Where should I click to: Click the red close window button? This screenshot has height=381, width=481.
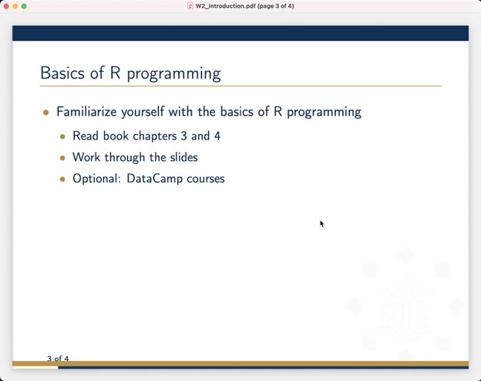pos(6,6)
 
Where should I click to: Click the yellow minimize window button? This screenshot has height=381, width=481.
pos(15,6)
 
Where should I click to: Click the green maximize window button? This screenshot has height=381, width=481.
pos(24,6)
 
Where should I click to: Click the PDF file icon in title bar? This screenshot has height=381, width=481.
pos(190,6)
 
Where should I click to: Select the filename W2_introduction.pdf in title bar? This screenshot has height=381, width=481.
pos(225,6)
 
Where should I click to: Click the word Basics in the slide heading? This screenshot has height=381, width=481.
pos(62,73)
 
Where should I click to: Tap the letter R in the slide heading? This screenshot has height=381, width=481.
pos(115,73)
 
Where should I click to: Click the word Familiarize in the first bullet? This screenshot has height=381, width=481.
pos(87,112)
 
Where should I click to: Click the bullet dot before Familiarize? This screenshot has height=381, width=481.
pos(46,113)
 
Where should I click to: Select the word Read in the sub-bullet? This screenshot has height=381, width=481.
pos(86,136)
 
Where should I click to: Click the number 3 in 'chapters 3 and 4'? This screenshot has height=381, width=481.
pos(183,136)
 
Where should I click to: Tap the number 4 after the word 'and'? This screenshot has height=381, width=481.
pos(217,136)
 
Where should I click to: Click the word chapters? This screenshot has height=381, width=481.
pos(155,137)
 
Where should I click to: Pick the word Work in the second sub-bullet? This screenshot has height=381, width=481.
pos(87,157)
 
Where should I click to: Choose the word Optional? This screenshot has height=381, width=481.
pos(97,179)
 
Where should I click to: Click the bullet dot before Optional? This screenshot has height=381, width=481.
pos(62,179)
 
